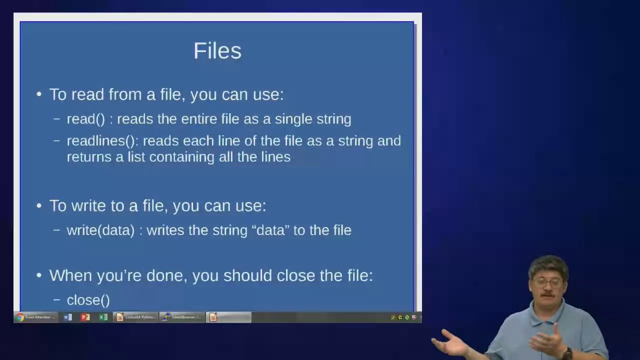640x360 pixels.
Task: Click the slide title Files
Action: [x=217, y=51]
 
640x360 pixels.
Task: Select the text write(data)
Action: [x=100, y=230]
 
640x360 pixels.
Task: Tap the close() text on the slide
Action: [x=88, y=300]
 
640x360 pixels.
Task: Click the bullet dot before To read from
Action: [x=39, y=94]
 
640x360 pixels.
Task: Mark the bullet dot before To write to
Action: [x=39, y=206]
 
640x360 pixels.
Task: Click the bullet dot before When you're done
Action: [x=39, y=275]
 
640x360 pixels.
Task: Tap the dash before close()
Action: [x=57, y=300]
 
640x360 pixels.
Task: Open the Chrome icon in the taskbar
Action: [x=20, y=317]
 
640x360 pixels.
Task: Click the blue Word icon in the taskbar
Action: [x=68, y=317]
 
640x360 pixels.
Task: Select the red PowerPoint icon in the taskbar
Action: [x=85, y=317]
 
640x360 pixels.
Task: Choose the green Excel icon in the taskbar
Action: [x=103, y=317]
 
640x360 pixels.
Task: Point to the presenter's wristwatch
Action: [x=567, y=353]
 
